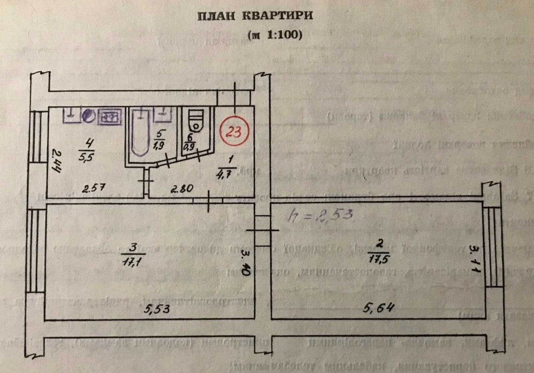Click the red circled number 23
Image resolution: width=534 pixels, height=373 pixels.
233,131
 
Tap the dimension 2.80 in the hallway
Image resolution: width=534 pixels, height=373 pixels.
183,189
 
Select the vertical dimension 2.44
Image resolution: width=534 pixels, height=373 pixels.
53,161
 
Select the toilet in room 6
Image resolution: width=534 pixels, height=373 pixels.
196,120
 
